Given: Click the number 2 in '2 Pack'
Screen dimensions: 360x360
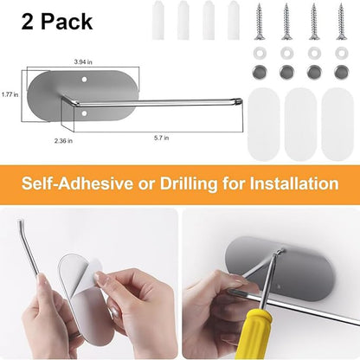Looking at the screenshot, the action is pyautogui.click(x=28, y=22).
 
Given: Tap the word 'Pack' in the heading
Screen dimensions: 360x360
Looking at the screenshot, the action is pyautogui.click(x=67, y=22).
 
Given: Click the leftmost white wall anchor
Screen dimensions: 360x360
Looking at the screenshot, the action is pyautogui.click(x=158, y=20).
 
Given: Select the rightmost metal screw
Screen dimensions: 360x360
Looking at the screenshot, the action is pyautogui.click(x=341, y=22).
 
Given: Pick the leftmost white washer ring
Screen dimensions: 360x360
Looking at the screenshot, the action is pyautogui.click(x=260, y=53).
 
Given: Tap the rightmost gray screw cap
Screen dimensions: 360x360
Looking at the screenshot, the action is pyautogui.click(x=341, y=73).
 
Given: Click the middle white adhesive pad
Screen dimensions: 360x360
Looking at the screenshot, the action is pyautogui.click(x=300, y=124).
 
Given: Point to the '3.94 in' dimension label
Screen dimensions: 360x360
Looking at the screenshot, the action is pyautogui.click(x=83, y=61).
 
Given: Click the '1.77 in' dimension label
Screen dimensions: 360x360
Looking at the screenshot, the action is pyautogui.click(x=10, y=94).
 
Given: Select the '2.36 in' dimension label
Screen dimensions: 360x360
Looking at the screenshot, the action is pyautogui.click(x=63, y=141).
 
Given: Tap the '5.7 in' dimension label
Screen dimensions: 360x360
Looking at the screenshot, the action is pyautogui.click(x=162, y=138).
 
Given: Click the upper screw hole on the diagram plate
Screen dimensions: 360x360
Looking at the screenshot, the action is pyautogui.click(x=84, y=79).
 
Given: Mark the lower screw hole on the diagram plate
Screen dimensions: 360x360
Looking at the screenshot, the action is pyautogui.click(x=84, y=113).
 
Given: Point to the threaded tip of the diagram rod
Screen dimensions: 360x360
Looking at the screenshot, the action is pyautogui.click(x=239, y=101).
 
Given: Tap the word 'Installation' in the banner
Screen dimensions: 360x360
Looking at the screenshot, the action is pyautogui.click(x=294, y=183).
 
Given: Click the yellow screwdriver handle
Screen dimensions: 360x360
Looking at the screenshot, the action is pyautogui.click(x=253, y=335).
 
